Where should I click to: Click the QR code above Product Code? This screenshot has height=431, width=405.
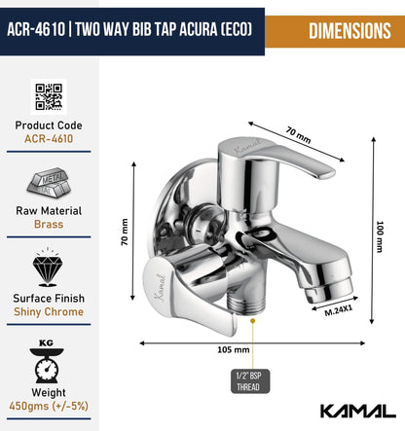pyautogui.click(x=49, y=97)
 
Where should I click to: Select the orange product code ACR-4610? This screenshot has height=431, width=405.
pyautogui.click(x=49, y=139)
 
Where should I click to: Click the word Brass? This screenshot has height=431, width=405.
pyautogui.click(x=49, y=225)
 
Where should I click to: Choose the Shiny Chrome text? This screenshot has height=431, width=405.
pyautogui.click(x=49, y=311)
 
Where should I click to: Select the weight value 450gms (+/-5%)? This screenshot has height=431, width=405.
pyautogui.click(x=49, y=406)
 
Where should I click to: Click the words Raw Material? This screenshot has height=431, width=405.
pyautogui.click(x=49, y=210)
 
